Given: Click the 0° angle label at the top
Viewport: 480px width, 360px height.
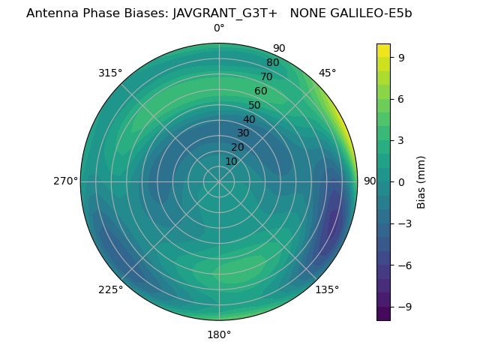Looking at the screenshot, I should click(x=219, y=28).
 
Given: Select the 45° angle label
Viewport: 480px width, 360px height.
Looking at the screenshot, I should click(x=328, y=73).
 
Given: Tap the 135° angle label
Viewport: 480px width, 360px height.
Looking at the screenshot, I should click(x=327, y=289).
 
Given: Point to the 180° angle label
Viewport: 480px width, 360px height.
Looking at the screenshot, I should click(x=219, y=334).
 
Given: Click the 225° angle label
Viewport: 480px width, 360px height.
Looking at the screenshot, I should click(x=110, y=289).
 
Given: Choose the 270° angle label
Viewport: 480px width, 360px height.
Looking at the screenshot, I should click(x=65, y=181).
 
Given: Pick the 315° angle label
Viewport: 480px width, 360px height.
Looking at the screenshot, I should click(x=110, y=73).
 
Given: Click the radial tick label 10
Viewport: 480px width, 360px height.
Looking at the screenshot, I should click(x=231, y=161).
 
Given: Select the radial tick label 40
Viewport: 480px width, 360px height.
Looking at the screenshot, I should click(x=249, y=119).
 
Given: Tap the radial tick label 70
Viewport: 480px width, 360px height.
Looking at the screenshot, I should click(x=266, y=76).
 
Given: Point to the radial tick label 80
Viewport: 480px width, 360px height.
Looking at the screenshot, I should click(x=272, y=62).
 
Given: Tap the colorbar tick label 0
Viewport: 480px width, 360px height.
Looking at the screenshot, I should click(x=401, y=181).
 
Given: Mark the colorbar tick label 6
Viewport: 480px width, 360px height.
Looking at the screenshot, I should click(x=401, y=98).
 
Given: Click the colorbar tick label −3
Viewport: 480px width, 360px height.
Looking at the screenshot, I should click(x=404, y=223).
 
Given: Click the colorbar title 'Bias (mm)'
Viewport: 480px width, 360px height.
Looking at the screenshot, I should click(x=421, y=181).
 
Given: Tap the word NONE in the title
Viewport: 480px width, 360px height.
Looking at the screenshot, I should click(x=306, y=13).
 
